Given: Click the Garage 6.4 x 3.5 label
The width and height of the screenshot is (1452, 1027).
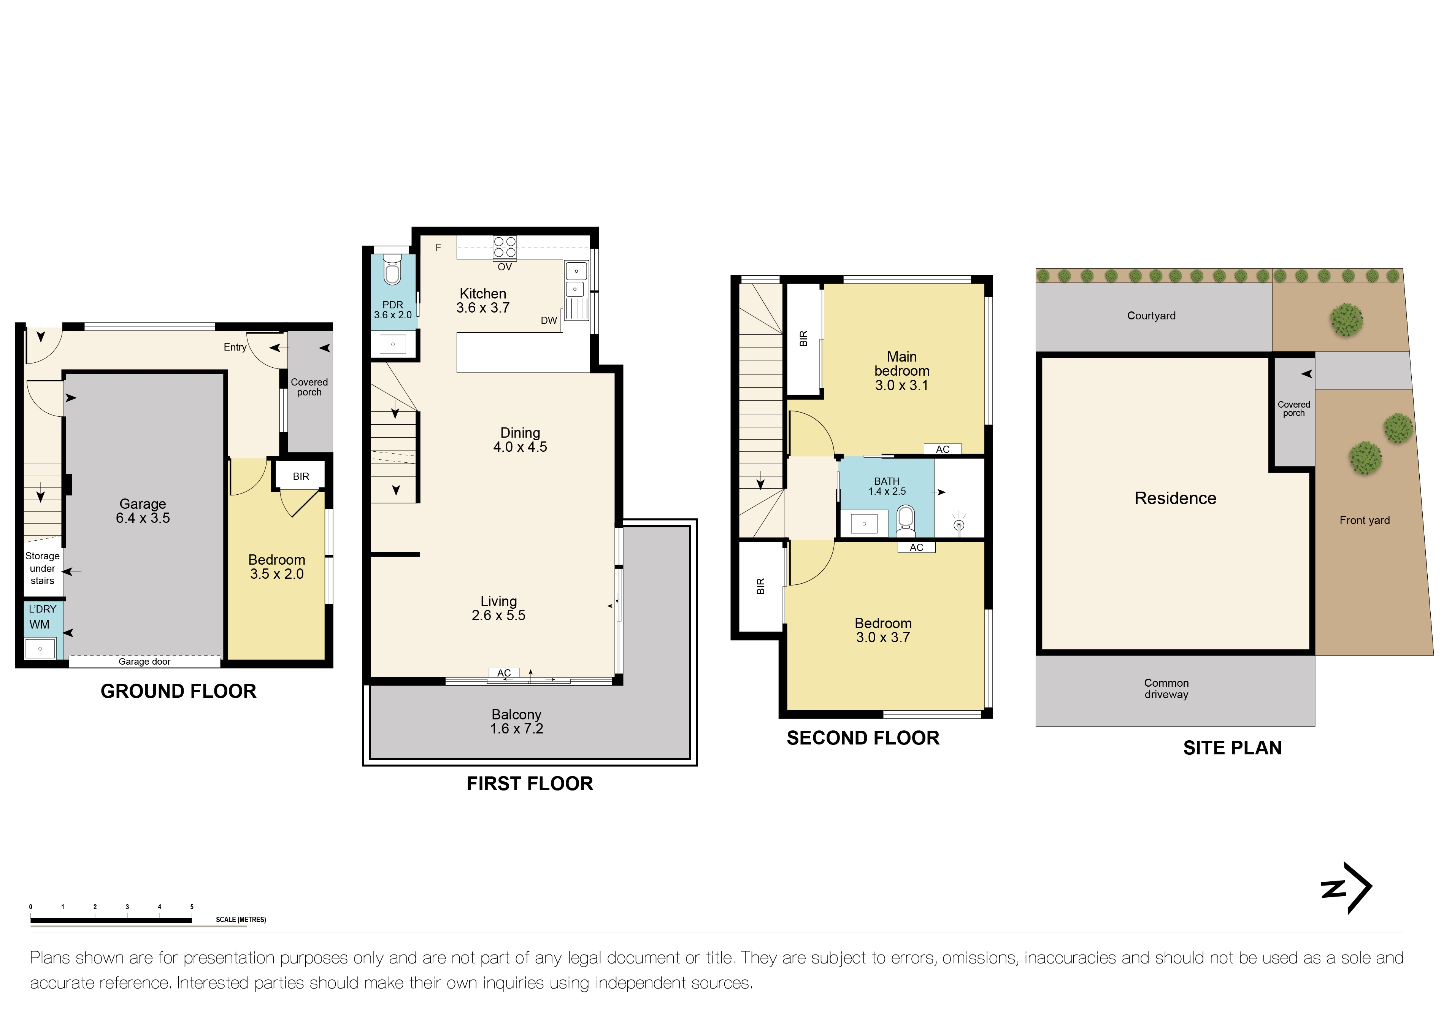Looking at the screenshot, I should click(143, 511).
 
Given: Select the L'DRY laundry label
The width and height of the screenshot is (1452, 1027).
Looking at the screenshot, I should click(42, 609).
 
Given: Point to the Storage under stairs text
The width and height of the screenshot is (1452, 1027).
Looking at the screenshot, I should click(42, 568).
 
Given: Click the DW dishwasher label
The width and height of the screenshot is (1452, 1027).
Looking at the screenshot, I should click(549, 321).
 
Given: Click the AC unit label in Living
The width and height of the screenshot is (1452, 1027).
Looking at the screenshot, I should click(504, 673).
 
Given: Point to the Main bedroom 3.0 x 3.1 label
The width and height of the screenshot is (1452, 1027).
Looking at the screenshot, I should click(902, 371).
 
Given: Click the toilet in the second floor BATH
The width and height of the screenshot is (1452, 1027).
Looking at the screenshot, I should click(906, 520).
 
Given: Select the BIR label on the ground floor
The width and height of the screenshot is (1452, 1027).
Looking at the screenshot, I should click(301, 476).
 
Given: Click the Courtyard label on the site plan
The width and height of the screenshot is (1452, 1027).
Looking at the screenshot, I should click(1151, 316).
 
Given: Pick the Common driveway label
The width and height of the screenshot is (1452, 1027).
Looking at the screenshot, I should click(1166, 689).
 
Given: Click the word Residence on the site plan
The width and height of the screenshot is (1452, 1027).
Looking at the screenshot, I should click(1175, 498).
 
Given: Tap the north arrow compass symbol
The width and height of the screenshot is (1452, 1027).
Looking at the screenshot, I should click(1347, 888).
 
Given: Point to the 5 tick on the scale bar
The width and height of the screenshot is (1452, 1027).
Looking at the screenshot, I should click(192, 907).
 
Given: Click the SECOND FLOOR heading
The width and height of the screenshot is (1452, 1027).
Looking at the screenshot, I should click(863, 738).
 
